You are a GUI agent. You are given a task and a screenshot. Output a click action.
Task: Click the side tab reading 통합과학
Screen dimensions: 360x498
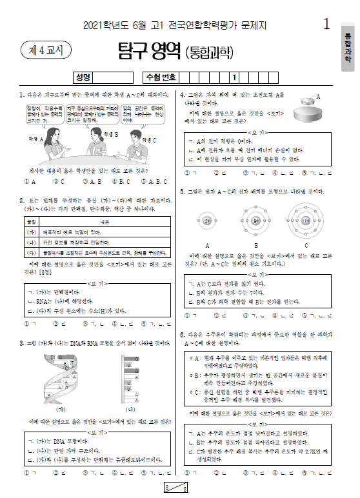tap(348, 45)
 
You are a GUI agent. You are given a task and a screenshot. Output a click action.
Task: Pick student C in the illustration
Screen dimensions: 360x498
tap(134, 145)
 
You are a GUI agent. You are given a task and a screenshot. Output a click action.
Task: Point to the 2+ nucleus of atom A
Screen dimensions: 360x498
tap(207, 221)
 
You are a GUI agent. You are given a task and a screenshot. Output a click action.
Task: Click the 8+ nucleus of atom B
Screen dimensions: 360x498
tap(256, 221)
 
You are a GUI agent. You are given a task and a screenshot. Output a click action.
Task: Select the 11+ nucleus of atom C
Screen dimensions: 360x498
tap(306, 221)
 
